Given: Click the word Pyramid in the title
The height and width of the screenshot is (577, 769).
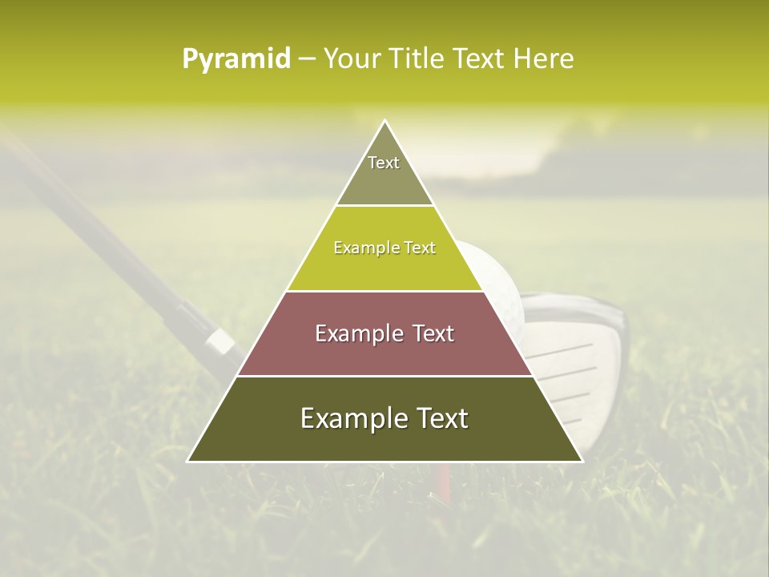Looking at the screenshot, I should point(236,59).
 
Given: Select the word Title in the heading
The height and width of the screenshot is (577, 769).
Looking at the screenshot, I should point(420,59).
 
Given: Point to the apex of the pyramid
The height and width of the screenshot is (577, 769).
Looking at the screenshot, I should point(384,122).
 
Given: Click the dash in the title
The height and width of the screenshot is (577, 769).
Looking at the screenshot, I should point(306,59).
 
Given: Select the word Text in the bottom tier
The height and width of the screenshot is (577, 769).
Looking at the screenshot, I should point(439,419).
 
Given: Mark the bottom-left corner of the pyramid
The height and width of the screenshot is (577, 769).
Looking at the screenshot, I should point(189,461).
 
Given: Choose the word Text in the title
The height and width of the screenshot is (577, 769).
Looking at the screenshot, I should point(480,59).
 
